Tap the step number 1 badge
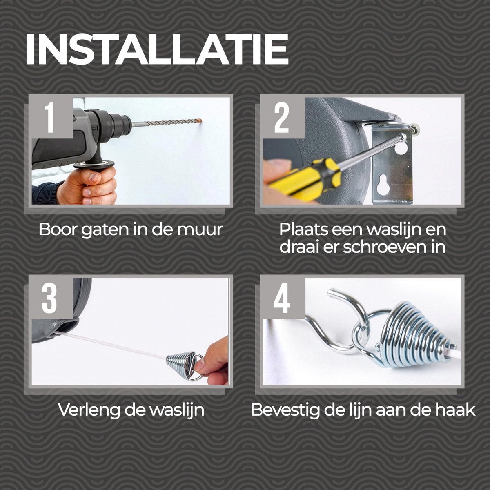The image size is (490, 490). coord(50,118)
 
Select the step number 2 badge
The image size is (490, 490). coord(282,118)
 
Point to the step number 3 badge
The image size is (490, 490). coord(50,298)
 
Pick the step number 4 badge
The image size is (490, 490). coord(282,298)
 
